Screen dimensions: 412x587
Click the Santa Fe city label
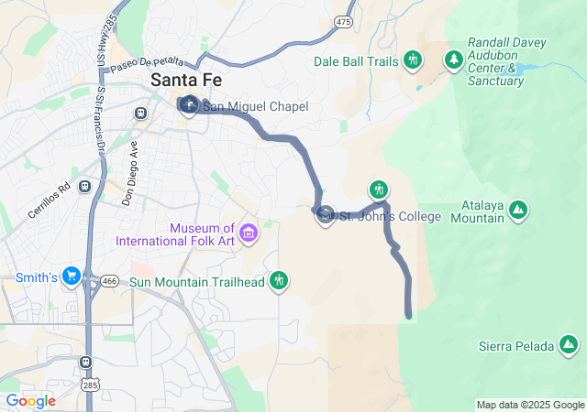click(186, 80)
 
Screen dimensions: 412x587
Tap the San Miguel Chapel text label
click(255, 107)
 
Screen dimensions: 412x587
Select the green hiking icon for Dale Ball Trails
click(413, 60)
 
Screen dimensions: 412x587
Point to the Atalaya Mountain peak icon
click(518, 211)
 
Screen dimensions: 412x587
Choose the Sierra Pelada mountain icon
click(569, 345)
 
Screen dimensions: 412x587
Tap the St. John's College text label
click(390, 217)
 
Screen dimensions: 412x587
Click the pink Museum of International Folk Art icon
click(248, 234)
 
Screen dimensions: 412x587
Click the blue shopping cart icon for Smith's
click(72, 276)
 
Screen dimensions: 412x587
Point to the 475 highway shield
click(344, 21)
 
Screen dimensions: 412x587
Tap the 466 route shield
click(110, 280)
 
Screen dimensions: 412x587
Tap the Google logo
click(30, 401)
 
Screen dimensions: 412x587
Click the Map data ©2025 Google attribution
click(530, 405)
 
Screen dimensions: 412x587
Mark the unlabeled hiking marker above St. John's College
click(379, 190)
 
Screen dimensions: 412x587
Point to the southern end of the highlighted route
click(408, 317)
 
